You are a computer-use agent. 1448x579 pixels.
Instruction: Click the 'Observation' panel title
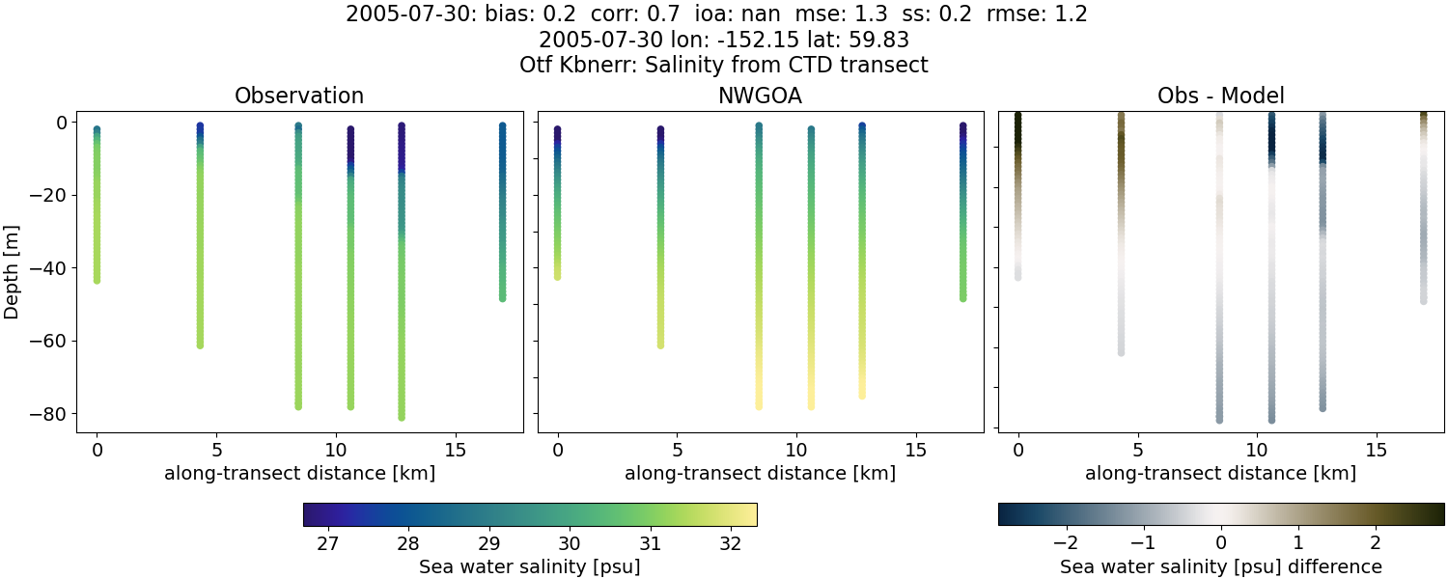tap(299, 96)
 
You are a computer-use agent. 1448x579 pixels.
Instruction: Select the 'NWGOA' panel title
tap(760, 96)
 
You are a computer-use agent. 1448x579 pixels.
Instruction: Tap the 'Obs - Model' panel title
tap(1220, 96)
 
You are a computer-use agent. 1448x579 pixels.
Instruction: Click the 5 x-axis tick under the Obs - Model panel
tap(1137, 450)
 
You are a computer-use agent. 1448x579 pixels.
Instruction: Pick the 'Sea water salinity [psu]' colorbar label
tap(529, 566)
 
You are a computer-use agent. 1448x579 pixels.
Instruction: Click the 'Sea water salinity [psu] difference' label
tap(1220, 566)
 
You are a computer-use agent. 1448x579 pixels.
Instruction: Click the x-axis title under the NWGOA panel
tap(760, 474)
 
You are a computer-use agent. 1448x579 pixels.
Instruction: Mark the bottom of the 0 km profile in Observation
tap(97, 280)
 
